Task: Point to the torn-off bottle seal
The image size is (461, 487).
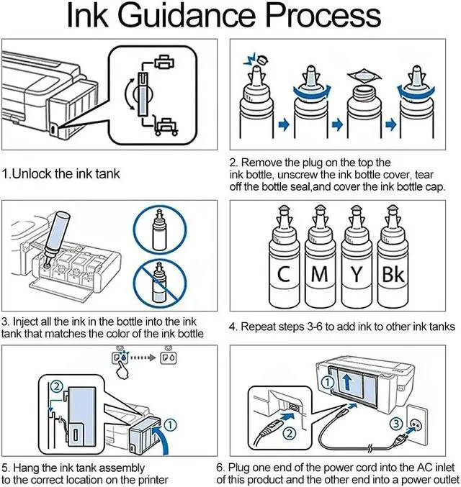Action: [x=364, y=76]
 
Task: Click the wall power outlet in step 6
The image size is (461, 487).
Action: [x=416, y=424]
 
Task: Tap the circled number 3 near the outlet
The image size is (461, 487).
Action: [x=396, y=424]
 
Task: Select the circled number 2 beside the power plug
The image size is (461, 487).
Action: [x=290, y=433]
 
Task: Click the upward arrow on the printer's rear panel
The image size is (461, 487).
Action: [x=347, y=382]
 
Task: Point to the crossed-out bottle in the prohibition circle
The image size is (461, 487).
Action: [x=159, y=283]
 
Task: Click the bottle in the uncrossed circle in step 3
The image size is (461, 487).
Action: [x=160, y=229]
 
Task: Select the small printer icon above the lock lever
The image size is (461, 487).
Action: [x=164, y=61]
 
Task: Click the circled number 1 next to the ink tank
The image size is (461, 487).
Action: [x=170, y=425]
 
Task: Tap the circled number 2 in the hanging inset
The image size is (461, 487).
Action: [x=57, y=386]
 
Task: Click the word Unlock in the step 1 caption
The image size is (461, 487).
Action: [x=32, y=173]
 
